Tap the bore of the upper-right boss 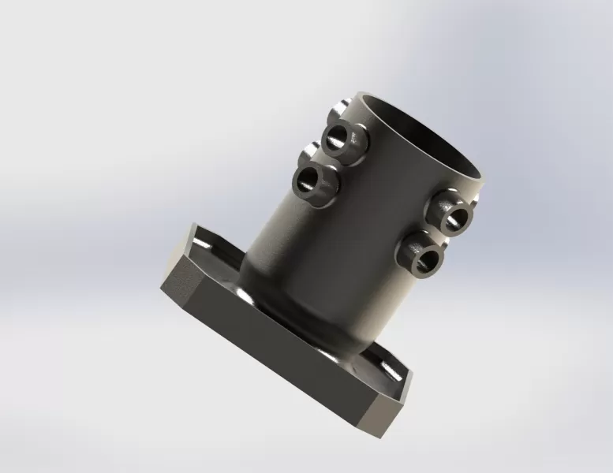453,216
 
